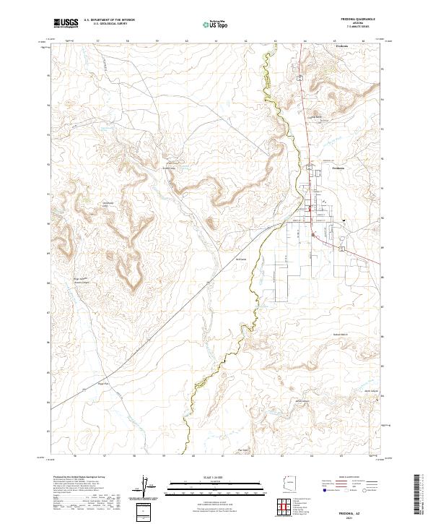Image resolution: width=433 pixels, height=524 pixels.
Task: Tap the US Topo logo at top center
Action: pyautogui.click(x=210, y=23)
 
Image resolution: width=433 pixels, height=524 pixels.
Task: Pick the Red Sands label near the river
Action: pyautogui.click(x=242, y=258)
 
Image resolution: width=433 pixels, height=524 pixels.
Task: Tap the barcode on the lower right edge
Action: pyautogui.click(x=421, y=496)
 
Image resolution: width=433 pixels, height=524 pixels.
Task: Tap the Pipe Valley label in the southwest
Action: pyautogui.click(x=103, y=384)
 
